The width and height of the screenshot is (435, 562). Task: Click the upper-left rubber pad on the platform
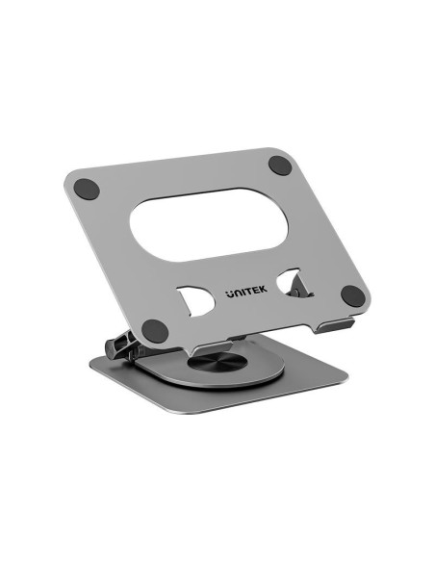point(87,190)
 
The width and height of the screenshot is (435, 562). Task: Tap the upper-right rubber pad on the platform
point(280,166)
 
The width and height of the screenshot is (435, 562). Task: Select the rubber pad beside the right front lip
point(353,295)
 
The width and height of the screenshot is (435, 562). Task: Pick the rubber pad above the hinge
point(155,331)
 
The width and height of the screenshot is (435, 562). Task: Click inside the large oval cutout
point(209,224)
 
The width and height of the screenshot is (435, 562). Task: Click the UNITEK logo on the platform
point(246,292)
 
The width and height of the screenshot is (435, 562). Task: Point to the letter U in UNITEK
point(230,294)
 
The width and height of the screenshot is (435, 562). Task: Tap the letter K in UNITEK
point(263,290)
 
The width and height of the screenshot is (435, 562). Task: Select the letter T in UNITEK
point(247,292)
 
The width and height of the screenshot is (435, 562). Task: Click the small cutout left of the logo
point(195,300)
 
